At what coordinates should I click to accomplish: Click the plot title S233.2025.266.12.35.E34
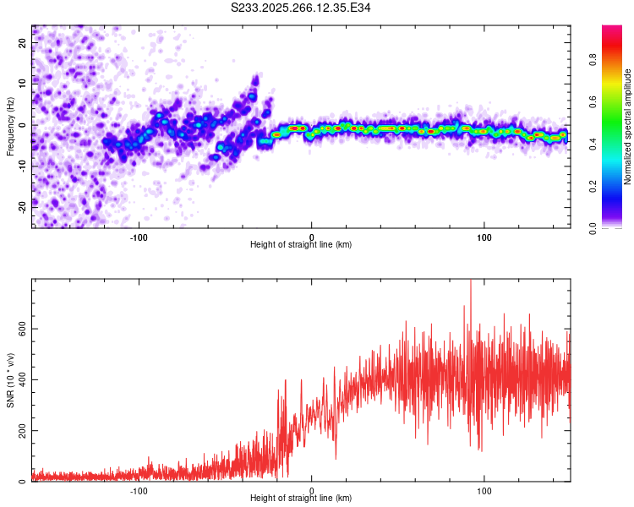click(301, 8)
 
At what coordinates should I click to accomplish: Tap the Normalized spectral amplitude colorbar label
click(628, 127)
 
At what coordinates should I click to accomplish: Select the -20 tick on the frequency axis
click(20, 207)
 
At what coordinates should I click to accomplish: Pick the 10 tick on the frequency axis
click(22, 84)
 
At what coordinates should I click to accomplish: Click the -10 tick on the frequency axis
click(20, 166)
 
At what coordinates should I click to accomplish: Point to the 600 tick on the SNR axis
click(19, 328)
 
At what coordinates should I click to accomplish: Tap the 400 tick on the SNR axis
click(19, 379)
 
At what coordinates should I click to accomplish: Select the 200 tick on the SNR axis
click(19, 431)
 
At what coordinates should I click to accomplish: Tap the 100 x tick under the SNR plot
click(484, 490)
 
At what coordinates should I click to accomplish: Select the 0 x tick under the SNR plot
click(312, 490)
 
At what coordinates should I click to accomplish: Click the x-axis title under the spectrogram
click(301, 245)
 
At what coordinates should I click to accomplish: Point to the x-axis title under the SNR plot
click(301, 499)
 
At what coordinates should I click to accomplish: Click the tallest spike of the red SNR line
click(470, 282)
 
